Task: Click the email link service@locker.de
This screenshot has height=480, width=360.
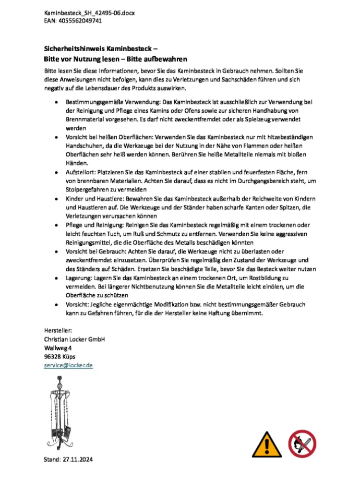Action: (68, 366)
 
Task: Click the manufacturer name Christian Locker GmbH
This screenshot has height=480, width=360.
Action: (75, 339)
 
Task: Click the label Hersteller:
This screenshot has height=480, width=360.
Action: (58, 330)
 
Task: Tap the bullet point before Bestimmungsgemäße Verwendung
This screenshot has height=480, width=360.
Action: (56, 102)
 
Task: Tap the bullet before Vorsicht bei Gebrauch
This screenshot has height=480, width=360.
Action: (56, 251)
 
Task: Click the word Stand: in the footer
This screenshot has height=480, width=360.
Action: (53, 459)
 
